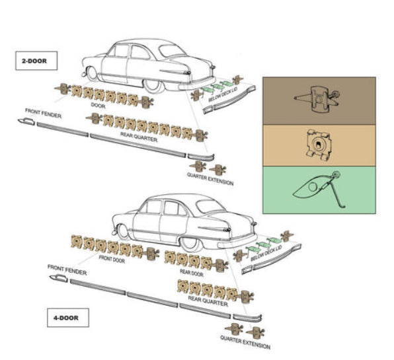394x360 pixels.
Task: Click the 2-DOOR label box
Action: (x=36, y=61)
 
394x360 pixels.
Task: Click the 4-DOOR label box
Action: (x=68, y=318)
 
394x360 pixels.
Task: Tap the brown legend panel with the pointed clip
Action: (x=319, y=100)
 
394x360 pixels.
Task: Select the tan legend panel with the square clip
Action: (x=319, y=145)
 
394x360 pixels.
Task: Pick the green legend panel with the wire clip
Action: (x=319, y=190)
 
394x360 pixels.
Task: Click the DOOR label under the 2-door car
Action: (x=98, y=106)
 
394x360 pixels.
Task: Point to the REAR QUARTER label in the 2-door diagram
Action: (x=139, y=137)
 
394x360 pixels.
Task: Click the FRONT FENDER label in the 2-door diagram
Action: (x=43, y=113)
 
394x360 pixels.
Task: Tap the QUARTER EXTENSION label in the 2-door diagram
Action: (x=210, y=179)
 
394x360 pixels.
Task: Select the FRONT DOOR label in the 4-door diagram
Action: (x=112, y=259)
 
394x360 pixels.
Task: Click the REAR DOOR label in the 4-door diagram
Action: (x=192, y=273)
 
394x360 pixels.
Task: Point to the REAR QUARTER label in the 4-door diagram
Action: (x=208, y=301)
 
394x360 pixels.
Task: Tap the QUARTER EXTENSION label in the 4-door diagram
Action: (x=245, y=342)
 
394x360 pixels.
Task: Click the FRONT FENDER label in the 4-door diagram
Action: (x=67, y=270)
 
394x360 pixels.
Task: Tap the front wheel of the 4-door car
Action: (x=123, y=231)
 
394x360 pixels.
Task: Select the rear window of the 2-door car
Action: (x=172, y=51)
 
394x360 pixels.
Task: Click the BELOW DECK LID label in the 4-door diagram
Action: (x=266, y=253)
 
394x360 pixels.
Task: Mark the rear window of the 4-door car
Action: (x=210, y=207)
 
